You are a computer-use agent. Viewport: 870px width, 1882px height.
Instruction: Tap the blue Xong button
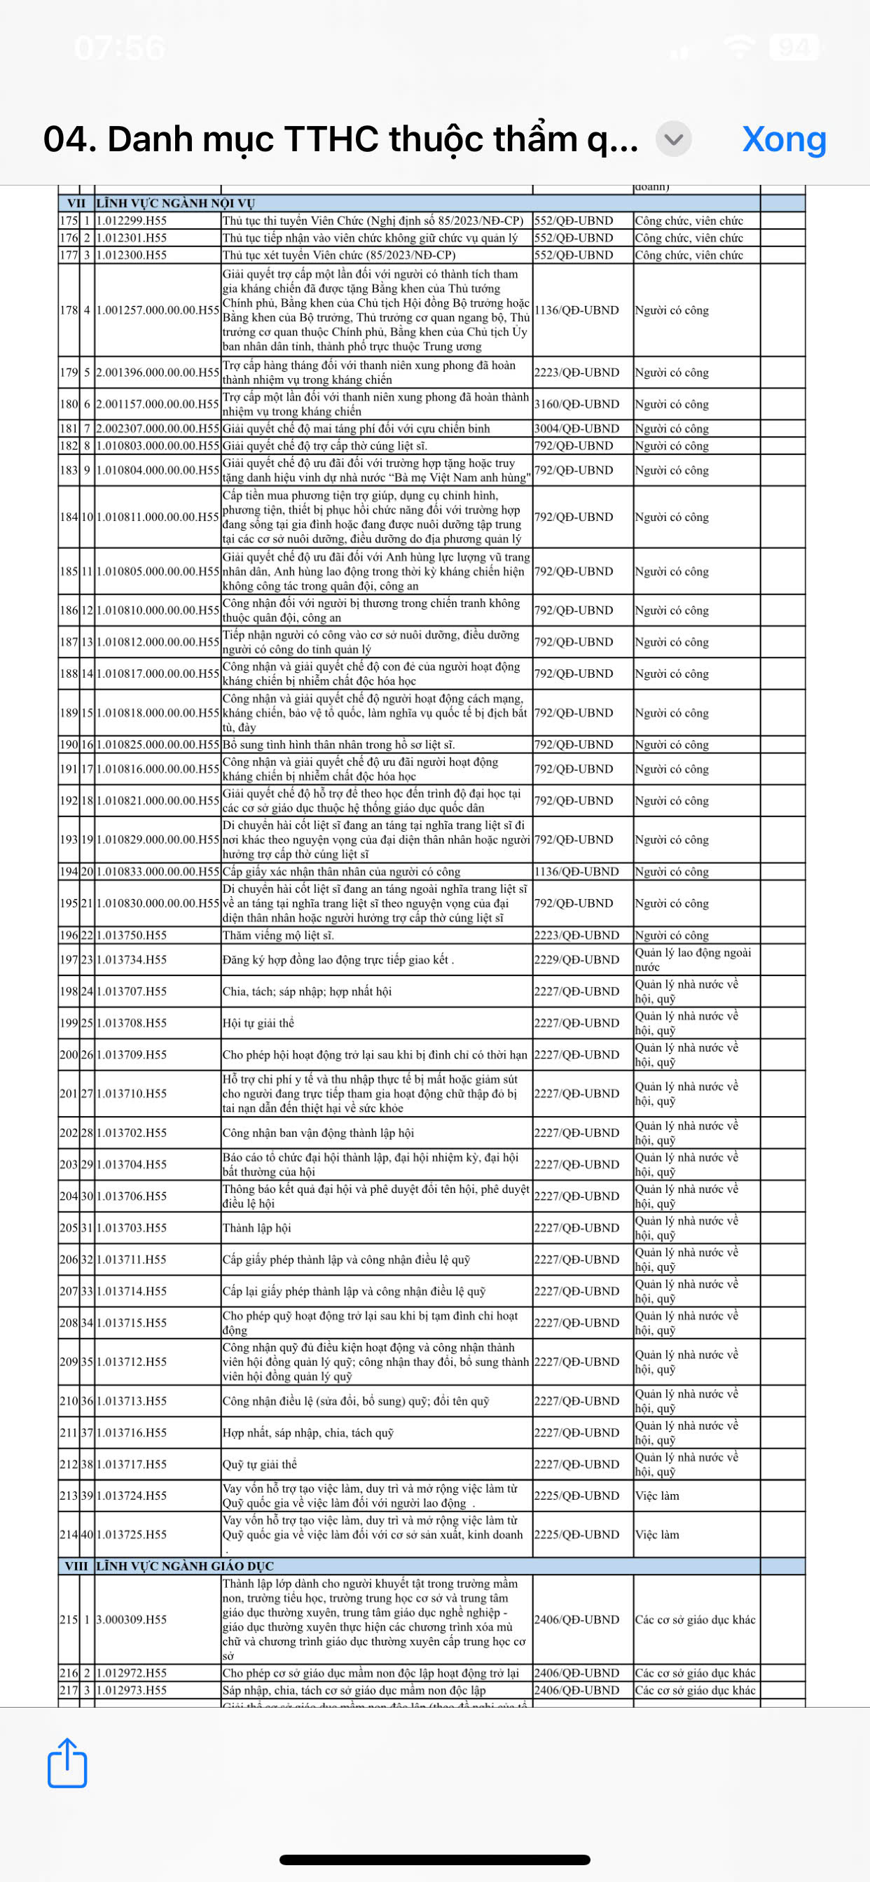(784, 139)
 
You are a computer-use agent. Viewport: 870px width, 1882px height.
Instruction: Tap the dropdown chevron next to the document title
(673, 139)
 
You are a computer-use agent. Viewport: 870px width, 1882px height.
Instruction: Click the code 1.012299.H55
(132, 221)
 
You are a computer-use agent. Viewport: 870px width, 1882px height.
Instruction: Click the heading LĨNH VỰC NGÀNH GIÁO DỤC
(185, 1566)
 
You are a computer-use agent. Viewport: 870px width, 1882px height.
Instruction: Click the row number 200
(69, 1054)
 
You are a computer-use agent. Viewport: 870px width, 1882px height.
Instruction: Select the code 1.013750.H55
(132, 935)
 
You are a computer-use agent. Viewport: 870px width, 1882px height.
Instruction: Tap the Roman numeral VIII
(76, 1566)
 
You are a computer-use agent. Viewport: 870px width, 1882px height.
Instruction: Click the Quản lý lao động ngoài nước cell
(692, 959)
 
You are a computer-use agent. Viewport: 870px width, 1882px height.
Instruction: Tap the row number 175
(69, 221)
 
